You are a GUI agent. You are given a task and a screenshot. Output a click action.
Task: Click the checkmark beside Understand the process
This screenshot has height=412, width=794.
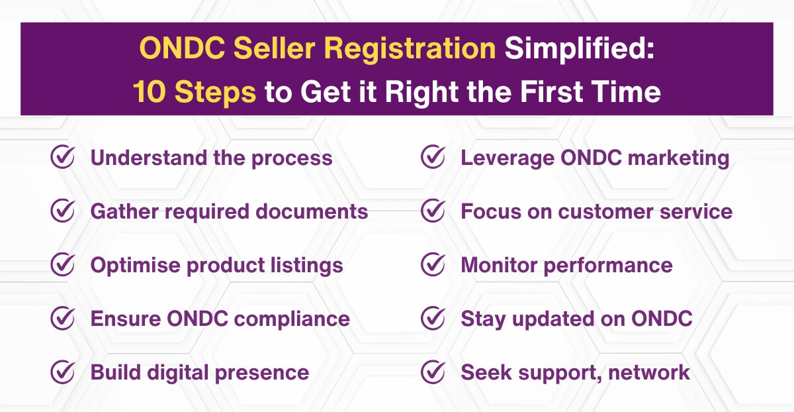(x=62, y=158)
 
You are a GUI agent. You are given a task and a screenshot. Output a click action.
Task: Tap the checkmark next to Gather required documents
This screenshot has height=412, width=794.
(x=62, y=211)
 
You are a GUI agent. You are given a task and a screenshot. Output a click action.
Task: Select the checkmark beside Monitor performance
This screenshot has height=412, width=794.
(x=433, y=265)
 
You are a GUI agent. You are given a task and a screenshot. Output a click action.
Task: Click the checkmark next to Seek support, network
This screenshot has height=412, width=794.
(x=433, y=372)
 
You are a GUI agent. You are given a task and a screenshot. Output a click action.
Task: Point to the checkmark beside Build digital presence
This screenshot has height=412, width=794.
(x=62, y=372)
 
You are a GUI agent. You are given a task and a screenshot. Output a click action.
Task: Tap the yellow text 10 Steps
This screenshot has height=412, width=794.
(x=195, y=92)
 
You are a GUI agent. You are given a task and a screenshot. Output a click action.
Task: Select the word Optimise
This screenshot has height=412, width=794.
(x=136, y=265)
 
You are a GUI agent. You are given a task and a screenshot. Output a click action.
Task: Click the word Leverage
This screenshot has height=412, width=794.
(x=506, y=158)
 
